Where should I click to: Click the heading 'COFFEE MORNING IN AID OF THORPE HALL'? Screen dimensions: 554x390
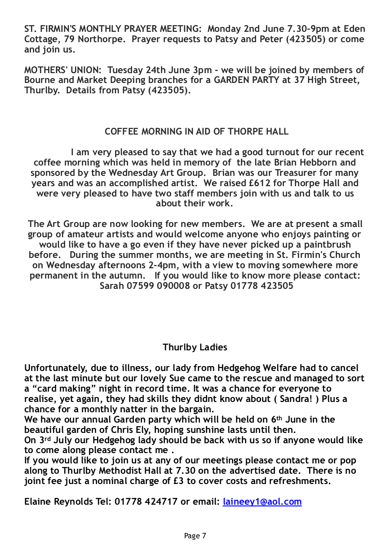tap(196, 131)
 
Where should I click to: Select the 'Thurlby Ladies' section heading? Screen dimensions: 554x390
tap(195, 347)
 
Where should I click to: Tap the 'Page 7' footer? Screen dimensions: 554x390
tap(195, 535)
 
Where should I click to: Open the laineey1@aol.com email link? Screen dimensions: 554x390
tap(262, 502)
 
